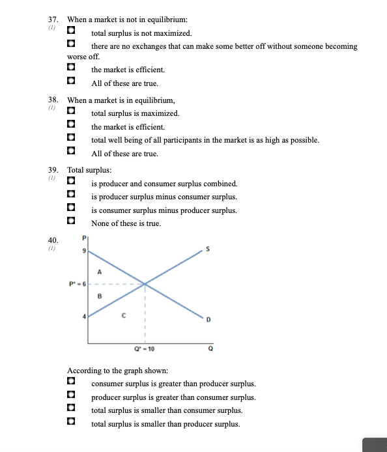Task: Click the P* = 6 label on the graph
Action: (x=76, y=283)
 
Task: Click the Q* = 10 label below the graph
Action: (x=145, y=350)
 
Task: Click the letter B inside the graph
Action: (x=99, y=296)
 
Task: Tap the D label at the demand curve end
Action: (x=209, y=319)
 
